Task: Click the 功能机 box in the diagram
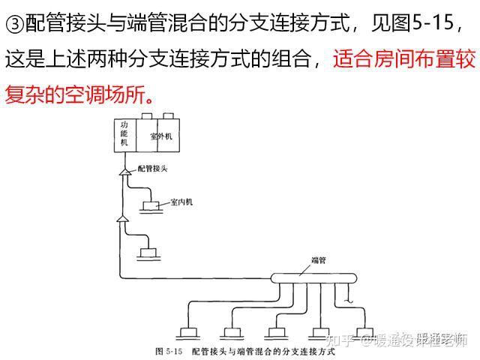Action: (x=124, y=133)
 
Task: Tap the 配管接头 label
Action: (x=153, y=170)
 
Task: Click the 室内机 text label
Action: (x=181, y=202)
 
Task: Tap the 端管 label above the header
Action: (x=318, y=260)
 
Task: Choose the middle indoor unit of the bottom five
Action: (x=275, y=330)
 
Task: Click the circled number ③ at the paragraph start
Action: (x=14, y=24)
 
